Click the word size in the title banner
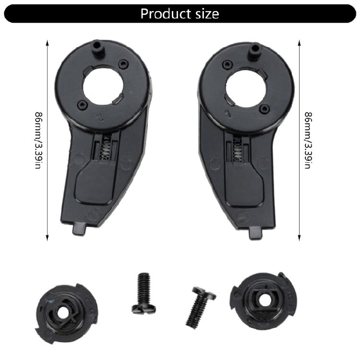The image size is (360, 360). (x=207, y=14)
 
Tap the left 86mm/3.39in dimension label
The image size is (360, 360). (x=38, y=140)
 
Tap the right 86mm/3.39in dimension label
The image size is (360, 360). (x=308, y=140)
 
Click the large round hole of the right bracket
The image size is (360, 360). (x=246, y=87)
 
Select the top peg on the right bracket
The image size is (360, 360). (x=255, y=51)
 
